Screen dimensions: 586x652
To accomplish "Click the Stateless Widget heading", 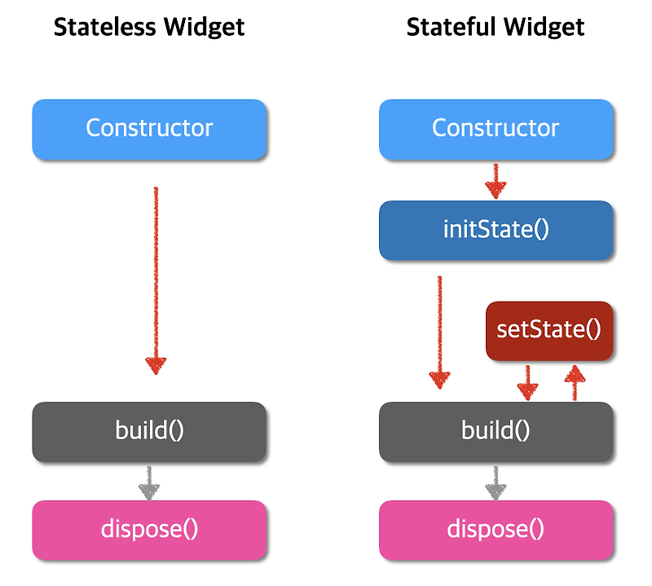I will point(149,27).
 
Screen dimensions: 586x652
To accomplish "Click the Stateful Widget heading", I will point(496,27).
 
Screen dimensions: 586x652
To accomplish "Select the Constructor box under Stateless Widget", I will point(149,129).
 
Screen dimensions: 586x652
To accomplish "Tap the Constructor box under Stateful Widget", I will point(496,129).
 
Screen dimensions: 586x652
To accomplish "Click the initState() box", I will point(496,230).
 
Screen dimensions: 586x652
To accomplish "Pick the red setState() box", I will point(548,330).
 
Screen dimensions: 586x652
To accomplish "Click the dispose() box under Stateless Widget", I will point(149,530).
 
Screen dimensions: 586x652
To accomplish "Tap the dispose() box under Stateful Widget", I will point(496,530).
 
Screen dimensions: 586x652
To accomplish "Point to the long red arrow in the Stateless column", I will point(155,277).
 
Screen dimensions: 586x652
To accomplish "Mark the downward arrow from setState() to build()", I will point(528,381).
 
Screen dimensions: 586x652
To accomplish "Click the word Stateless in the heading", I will point(104,27).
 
